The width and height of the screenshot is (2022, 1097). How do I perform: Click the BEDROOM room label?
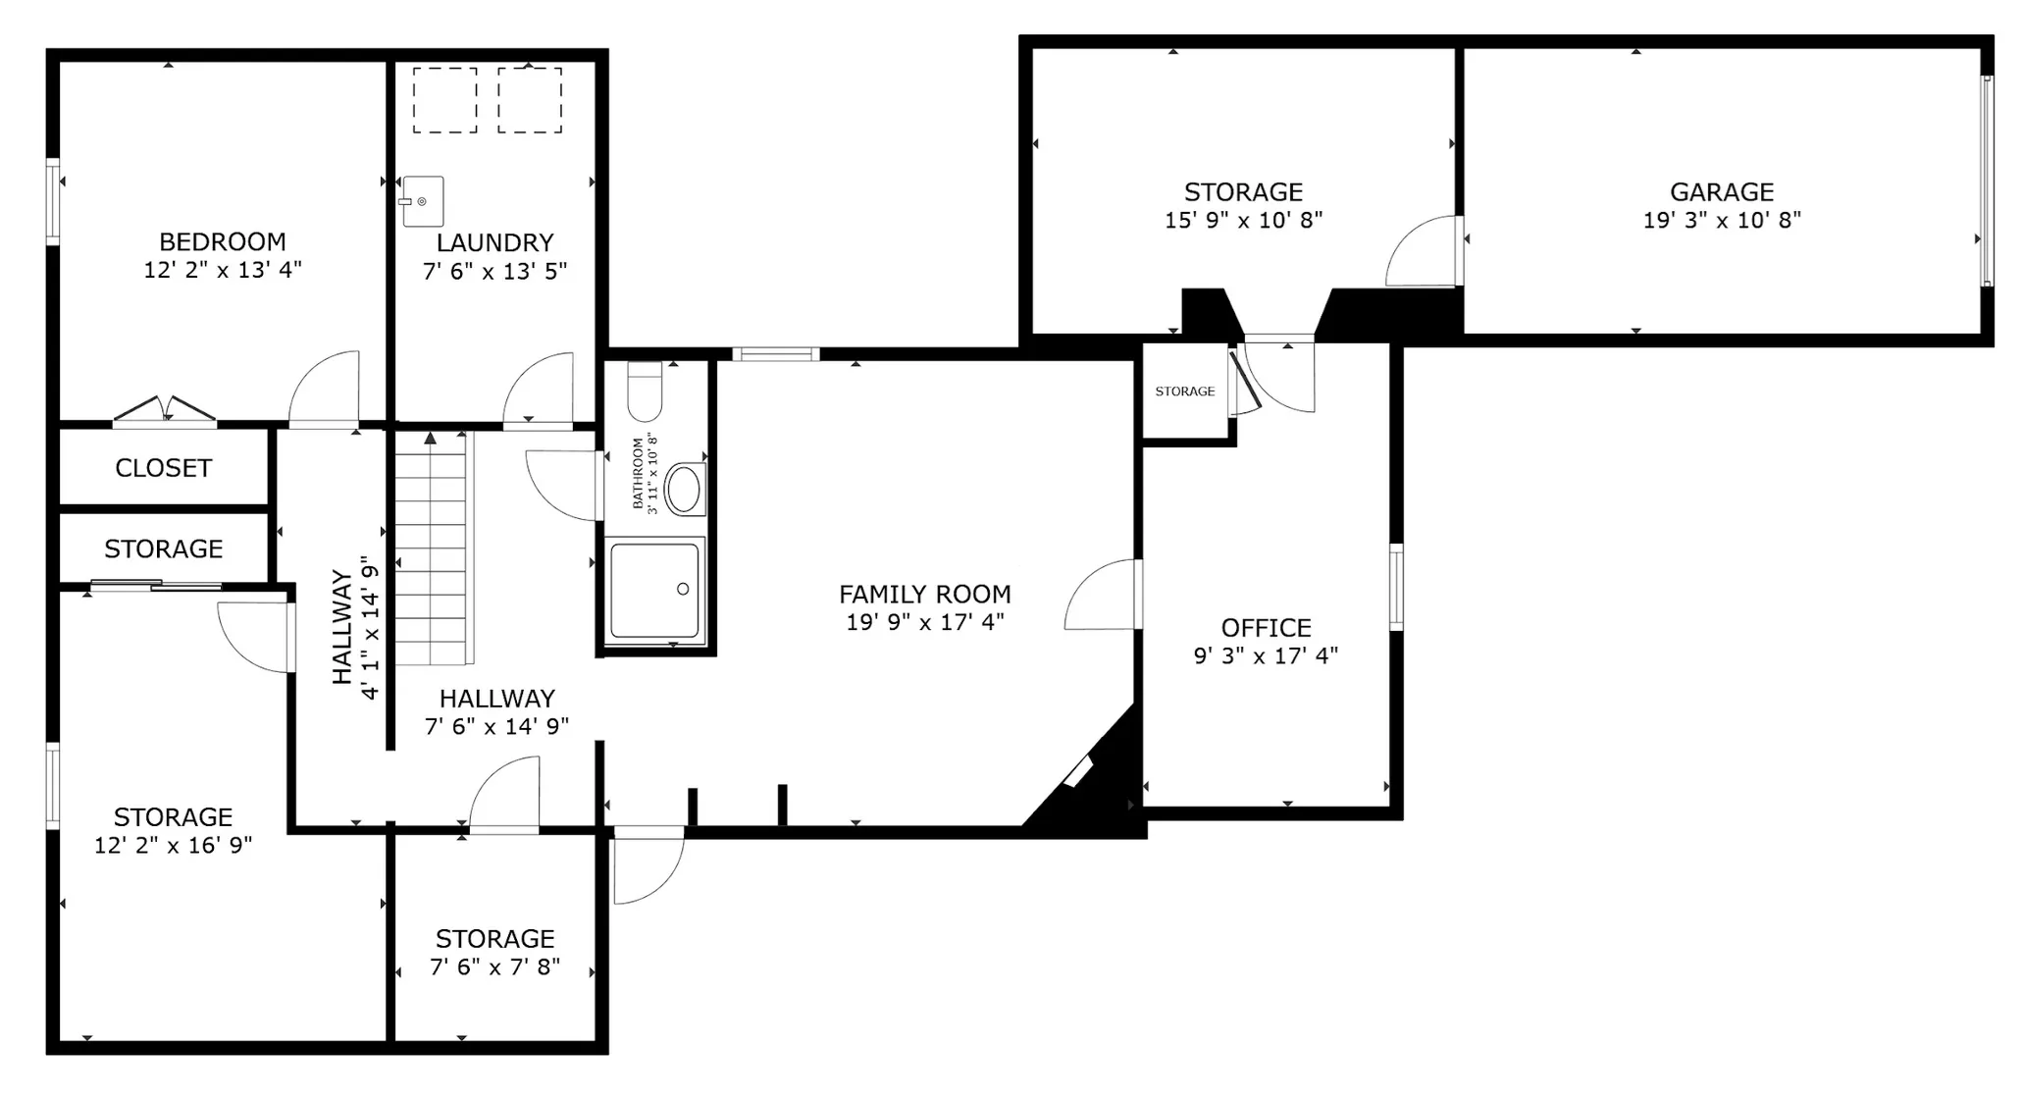pyautogui.click(x=223, y=241)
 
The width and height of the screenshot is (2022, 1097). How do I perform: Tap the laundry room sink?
pyautogui.click(x=423, y=201)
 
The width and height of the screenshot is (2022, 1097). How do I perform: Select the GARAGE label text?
pyautogui.click(x=1722, y=192)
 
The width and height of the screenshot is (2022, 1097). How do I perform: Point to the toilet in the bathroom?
pyautogui.click(x=645, y=392)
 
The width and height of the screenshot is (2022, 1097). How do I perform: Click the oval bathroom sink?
pyautogui.click(x=684, y=488)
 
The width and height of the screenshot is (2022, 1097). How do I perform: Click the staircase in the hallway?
pyautogui.click(x=431, y=549)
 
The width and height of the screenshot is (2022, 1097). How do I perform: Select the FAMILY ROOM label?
pyautogui.click(x=925, y=595)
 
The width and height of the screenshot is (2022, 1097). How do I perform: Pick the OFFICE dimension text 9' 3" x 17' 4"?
pyautogui.click(x=1266, y=655)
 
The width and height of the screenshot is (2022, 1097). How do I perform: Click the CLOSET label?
pyautogui.click(x=163, y=468)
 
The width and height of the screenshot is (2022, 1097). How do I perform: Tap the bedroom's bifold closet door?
pyautogui.click(x=165, y=411)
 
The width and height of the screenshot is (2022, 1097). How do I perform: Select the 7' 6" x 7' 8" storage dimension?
pyautogui.click(x=495, y=966)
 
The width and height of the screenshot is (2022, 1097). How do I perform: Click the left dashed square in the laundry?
pyautogui.click(x=444, y=100)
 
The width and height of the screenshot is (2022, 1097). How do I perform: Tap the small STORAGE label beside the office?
pyautogui.click(x=1185, y=392)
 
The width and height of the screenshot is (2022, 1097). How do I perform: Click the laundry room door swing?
pyautogui.click(x=539, y=390)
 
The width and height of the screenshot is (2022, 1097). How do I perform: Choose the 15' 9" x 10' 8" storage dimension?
pyautogui.click(x=1243, y=220)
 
